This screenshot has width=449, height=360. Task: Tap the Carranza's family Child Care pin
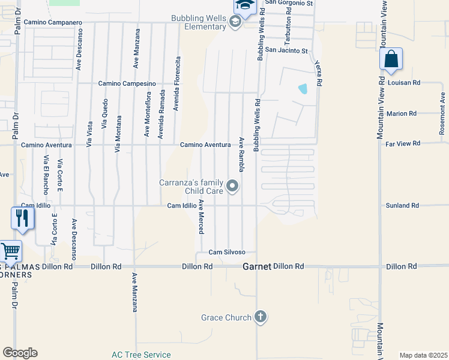234,186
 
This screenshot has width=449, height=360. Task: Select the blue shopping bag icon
391,59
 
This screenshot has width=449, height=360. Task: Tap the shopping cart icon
10,250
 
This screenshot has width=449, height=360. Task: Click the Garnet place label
257,266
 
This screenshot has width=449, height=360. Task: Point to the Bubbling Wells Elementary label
198,23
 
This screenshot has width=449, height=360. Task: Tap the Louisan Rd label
404,82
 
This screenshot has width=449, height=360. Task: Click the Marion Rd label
402,113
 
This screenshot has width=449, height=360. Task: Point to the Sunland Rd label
402,206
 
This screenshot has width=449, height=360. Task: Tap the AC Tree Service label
141,355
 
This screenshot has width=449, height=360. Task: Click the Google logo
20,353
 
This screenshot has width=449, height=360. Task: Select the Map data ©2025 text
423,355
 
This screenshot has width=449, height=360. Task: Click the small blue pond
303,89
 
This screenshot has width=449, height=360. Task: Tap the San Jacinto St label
286,51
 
